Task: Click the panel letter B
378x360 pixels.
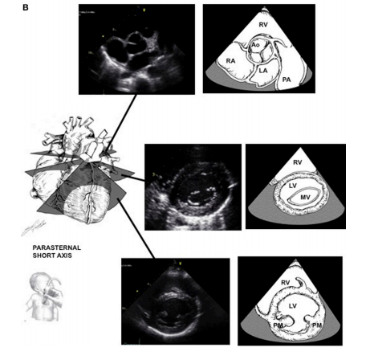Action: pyautogui.click(x=26, y=7)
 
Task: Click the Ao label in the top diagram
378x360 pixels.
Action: pyautogui.click(x=255, y=45)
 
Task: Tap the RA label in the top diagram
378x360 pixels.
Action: pyautogui.click(x=230, y=61)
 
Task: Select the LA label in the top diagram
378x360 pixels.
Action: pyautogui.click(x=263, y=71)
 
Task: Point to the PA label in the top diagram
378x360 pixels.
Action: pyautogui.click(x=287, y=80)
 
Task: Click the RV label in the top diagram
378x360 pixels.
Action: pyautogui.click(x=263, y=25)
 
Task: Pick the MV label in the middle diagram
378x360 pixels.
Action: pyautogui.click(x=305, y=198)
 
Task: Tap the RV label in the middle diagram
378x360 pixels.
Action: pyautogui.click(x=298, y=162)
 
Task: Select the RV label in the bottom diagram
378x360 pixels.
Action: pyautogui.click(x=286, y=283)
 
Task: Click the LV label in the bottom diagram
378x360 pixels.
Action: pyautogui.click(x=292, y=305)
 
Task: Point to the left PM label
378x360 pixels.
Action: pyautogui.click(x=278, y=325)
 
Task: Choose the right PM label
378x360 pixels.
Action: pyautogui.click(x=316, y=325)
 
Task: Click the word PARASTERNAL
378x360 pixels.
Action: pyautogui.click(x=57, y=247)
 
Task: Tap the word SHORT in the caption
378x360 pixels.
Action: pyautogui.click(x=43, y=256)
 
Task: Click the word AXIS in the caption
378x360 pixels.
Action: pyautogui.click(x=63, y=256)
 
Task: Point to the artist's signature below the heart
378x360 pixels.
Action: pyautogui.click(x=33, y=227)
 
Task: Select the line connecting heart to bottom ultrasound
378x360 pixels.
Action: pyautogui.click(x=136, y=229)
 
